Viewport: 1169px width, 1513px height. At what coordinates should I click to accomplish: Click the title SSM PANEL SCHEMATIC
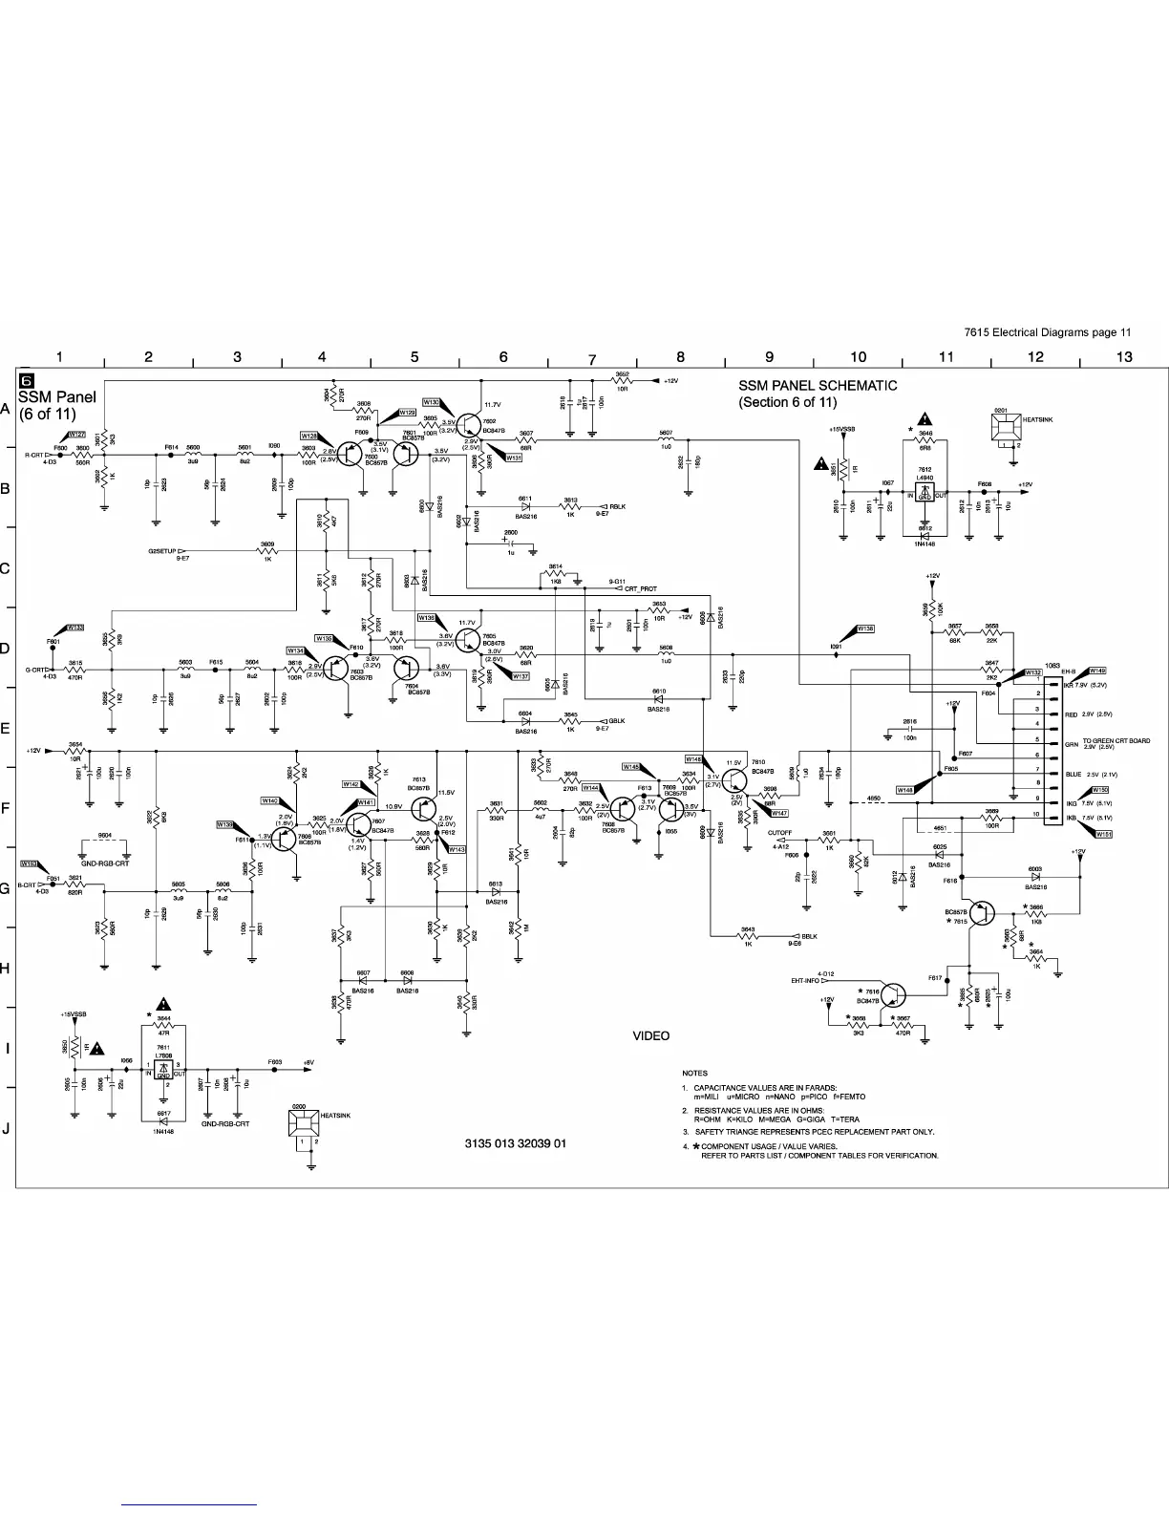coord(818,386)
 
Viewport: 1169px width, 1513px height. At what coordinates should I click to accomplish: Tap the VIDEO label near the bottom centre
coord(651,1036)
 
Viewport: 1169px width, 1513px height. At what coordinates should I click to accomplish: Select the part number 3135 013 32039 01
coord(515,1143)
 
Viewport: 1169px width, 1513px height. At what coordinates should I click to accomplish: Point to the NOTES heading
coord(694,1074)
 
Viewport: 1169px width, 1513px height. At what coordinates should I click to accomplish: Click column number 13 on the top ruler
coord(1124,357)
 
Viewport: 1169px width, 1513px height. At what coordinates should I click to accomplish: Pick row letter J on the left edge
coord(7,1129)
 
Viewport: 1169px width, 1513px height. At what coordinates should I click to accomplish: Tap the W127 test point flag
coord(76,435)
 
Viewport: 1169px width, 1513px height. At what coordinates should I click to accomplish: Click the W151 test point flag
coord(1103,834)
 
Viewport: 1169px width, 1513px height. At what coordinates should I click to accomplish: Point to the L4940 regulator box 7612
coord(925,492)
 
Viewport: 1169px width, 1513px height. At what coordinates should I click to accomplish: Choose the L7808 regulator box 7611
coord(163,1070)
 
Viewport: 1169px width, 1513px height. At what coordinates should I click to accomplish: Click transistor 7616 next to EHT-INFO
coord(893,995)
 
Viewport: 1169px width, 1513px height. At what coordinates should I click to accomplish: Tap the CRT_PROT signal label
coord(641,589)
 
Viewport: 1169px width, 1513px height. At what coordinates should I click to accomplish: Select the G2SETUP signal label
coord(161,551)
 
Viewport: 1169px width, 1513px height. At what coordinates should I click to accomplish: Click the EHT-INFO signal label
coord(805,980)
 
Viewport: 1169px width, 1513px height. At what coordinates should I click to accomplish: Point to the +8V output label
coord(308,1062)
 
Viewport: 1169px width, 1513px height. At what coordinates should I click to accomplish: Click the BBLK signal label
coord(809,936)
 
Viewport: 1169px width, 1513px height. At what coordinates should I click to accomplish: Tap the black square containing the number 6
coord(28,380)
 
